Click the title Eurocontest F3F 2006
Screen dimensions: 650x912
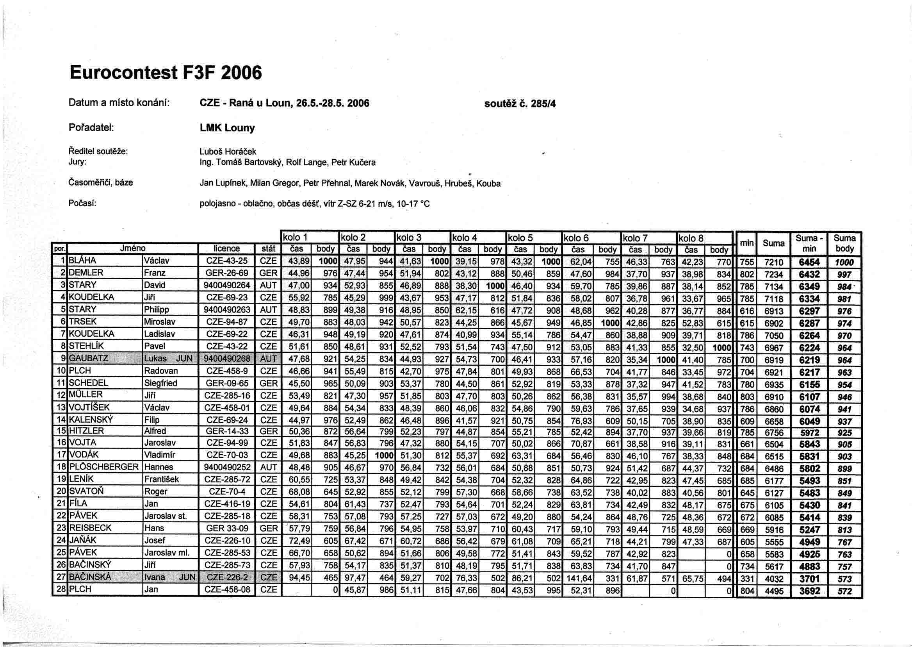(166, 73)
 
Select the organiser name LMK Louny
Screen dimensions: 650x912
(227, 128)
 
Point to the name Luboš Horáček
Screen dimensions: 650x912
(228, 152)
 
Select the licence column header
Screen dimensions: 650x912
(226, 248)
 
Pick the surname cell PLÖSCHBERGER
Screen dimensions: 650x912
(103, 467)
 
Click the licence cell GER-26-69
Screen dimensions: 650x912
(226, 273)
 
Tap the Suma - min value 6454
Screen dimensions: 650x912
(809, 262)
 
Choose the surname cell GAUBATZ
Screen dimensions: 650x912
(88, 358)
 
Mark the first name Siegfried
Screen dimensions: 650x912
(160, 383)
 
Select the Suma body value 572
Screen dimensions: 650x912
(844, 591)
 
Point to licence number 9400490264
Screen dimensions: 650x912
(226, 286)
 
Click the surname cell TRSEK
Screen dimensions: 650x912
(83, 322)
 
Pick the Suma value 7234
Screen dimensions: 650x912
(774, 275)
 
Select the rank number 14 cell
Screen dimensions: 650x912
(61, 420)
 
